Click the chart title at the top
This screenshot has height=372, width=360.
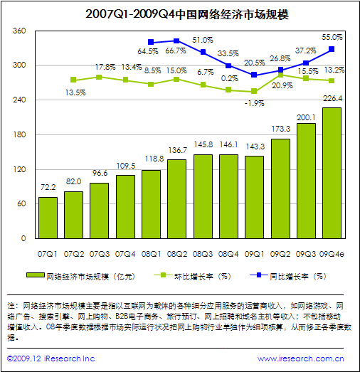tap(180, 13)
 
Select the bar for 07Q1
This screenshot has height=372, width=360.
tap(48, 218)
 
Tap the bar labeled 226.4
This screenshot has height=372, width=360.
tap(331, 173)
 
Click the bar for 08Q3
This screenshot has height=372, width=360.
tap(202, 196)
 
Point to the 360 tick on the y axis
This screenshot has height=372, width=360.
tap(19, 31)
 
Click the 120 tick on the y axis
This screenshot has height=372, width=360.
tap(19, 169)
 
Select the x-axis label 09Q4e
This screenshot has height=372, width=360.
tap(331, 252)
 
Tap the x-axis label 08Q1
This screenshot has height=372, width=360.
tap(151, 252)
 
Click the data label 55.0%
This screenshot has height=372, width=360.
tap(332, 36)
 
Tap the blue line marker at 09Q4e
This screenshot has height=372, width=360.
tap(331, 49)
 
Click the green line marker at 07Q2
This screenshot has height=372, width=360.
tap(73, 80)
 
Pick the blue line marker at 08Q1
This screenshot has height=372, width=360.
tap(151, 43)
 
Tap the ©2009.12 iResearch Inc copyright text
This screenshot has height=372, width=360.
tap(51, 359)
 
